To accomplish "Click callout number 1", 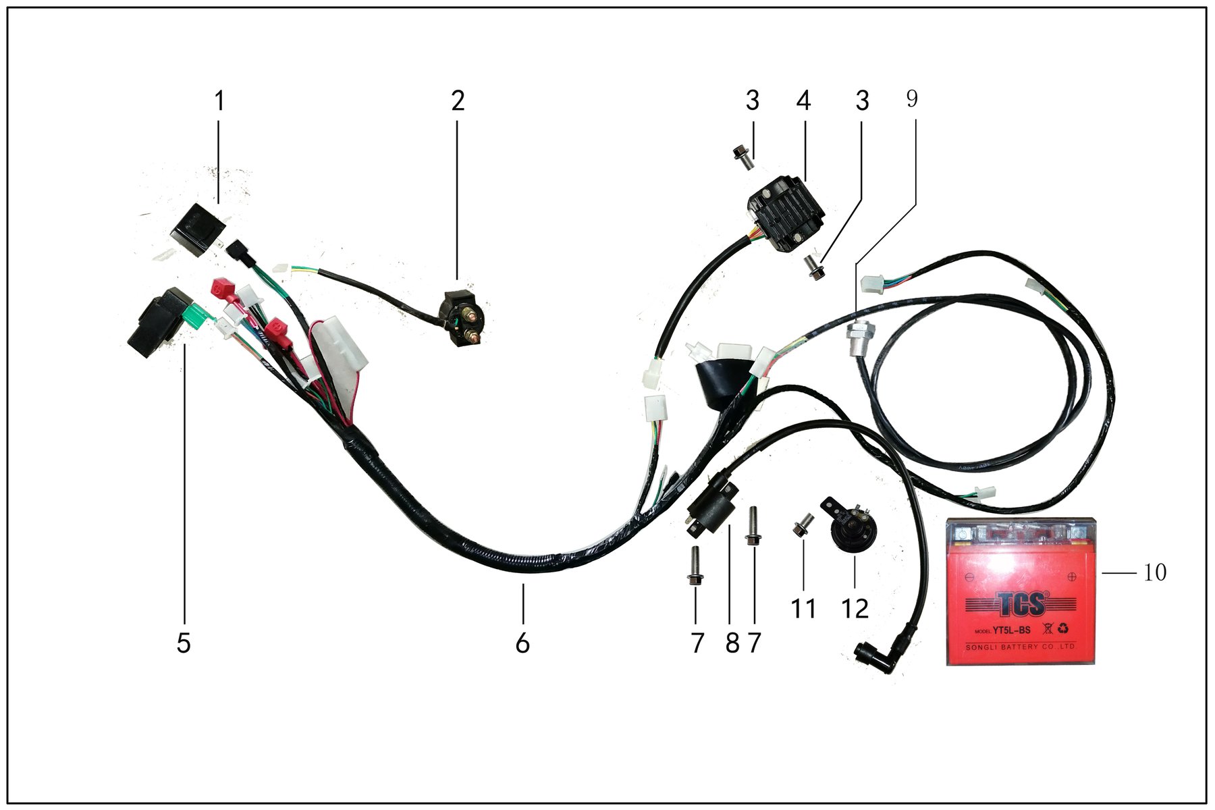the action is click(x=219, y=101).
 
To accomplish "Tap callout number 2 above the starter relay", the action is click(x=458, y=101).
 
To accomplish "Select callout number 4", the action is click(x=803, y=101).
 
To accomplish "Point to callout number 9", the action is click(x=912, y=99).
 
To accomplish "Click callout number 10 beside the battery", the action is click(x=1155, y=572).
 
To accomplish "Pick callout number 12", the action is click(x=855, y=609).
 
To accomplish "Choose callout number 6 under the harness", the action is click(x=522, y=643).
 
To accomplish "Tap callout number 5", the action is click(x=184, y=643).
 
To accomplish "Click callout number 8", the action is click(x=732, y=643).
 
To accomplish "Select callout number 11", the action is click(x=803, y=609).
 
